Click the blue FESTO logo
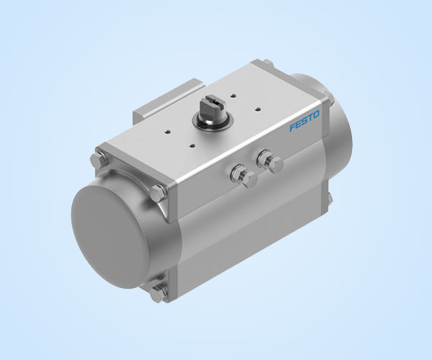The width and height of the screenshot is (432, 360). click(x=305, y=121)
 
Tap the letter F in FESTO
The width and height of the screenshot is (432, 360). click(x=293, y=127)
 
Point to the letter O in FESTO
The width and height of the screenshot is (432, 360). click(x=316, y=114)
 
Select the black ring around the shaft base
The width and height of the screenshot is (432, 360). click(x=212, y=123)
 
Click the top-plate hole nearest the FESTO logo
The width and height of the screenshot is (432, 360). click(x=257, y=109)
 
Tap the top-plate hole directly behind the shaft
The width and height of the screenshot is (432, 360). click(x=233, y=96)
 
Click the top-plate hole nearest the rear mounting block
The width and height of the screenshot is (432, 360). click(x=168, y=132)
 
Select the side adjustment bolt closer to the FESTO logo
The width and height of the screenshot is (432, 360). click(x=269, y=161)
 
